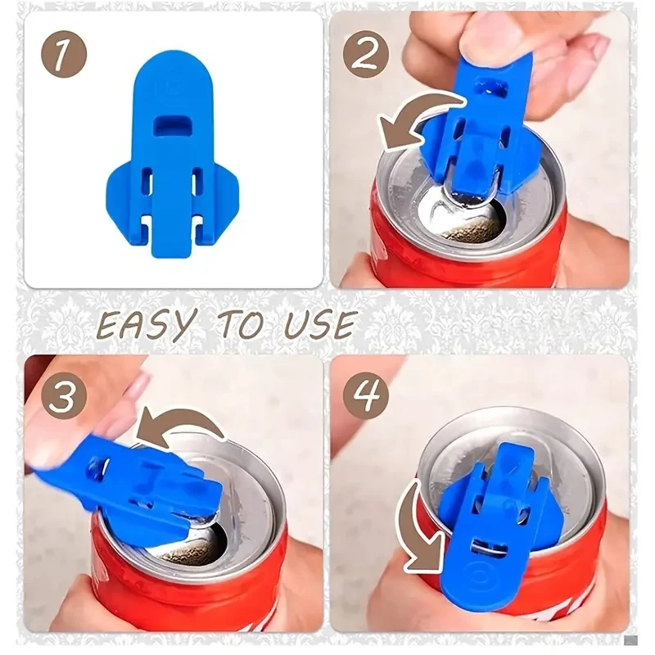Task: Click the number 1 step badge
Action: pos(64,56)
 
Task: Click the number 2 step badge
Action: pos(366,56)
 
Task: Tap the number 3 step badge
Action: pos(64,395)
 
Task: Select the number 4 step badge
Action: pos(366,395)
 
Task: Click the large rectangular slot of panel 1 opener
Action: pos(173,125)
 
